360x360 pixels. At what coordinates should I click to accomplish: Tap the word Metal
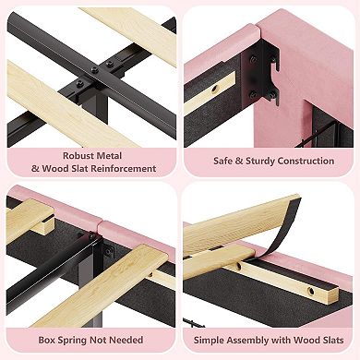109,156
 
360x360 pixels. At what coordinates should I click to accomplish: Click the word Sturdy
260,162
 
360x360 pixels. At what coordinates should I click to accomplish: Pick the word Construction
306,161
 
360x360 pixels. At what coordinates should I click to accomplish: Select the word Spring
73,341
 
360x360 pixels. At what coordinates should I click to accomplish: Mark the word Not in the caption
99,340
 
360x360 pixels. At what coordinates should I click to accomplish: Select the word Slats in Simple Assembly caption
332,340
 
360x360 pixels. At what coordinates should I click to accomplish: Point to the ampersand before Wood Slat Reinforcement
35,169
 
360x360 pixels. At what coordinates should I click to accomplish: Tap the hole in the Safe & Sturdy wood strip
214,90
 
